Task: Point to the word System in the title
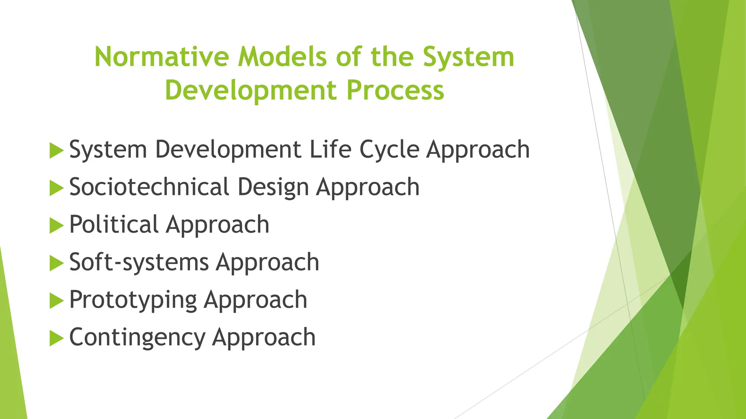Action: coord(468,57)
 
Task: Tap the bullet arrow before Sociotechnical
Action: coord(56,188)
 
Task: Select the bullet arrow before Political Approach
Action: coord(56,226)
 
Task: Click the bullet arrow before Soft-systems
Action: coord(56,263)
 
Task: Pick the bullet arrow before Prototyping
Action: coord(56,300)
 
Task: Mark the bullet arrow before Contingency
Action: coord(56,338)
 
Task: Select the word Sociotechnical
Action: coord(149,187)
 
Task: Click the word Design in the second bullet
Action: coord(273,187)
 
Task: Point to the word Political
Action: coord(114,224)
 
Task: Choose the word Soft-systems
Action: coord(139,262)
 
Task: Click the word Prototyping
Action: coord(133,300)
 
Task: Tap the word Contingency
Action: coord(137,337)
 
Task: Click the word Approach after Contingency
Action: coord(264,337)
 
